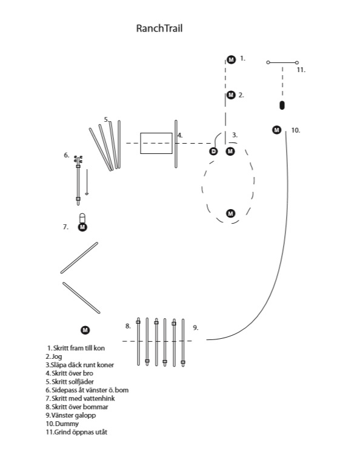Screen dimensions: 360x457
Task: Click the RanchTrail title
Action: tap(159, 28)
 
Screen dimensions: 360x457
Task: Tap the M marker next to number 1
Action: tap(231, 60)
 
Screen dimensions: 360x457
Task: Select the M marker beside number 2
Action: tap(231, 95)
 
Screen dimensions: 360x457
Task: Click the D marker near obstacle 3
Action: tap(214, 152)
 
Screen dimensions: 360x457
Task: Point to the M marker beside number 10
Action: tap(276, 130)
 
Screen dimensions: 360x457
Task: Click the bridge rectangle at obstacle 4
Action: tap(156, 143)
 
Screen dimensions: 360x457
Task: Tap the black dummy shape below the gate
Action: tap(282, 105)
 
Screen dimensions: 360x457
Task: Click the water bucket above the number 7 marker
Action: tap(82, 218)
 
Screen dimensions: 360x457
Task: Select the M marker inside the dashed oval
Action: tap(230, 213)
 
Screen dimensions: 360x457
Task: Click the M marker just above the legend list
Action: tap(85, 330)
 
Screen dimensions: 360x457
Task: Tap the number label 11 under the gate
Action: tap(301, 70)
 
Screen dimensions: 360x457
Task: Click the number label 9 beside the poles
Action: tap(196, 327)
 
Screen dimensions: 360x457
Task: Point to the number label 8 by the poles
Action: tap(128, 326)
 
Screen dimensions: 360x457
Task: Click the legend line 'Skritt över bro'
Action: tap(69, 373)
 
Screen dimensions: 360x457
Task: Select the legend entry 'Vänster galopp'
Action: tap(71, 415)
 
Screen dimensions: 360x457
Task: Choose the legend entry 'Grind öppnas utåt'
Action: tap(76, 432)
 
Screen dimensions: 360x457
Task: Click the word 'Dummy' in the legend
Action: tap(67, 424)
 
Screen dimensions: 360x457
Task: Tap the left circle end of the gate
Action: tap(268, 62)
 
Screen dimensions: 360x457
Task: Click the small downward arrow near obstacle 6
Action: tap(87, 182)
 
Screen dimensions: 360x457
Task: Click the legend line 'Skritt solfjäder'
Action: tap(70, 382)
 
